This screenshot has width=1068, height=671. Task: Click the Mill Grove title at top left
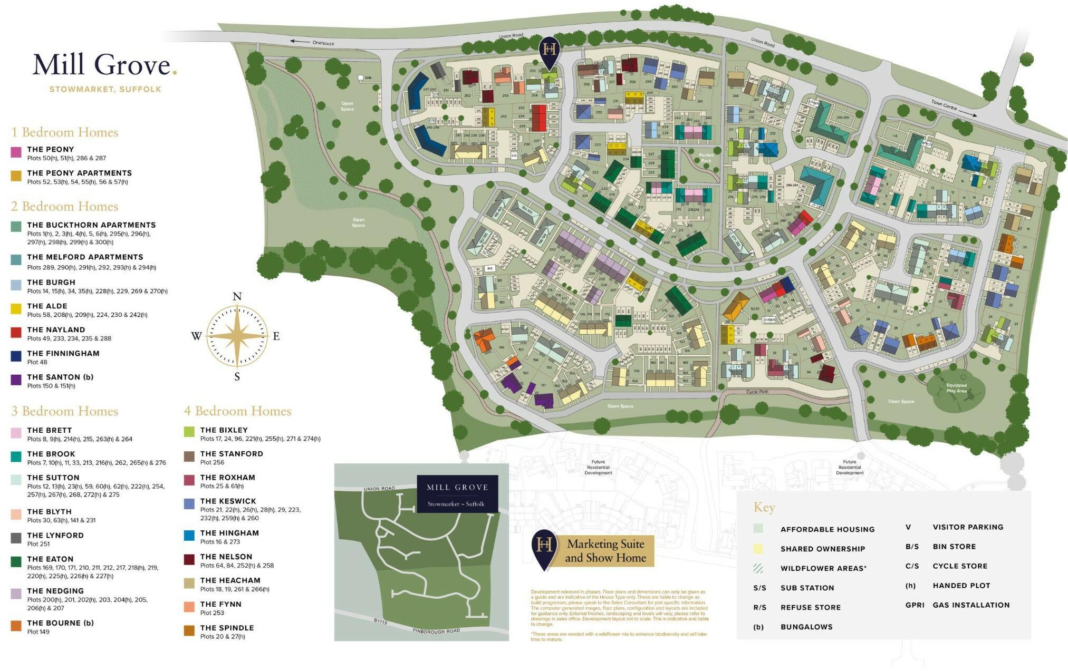[104, 65]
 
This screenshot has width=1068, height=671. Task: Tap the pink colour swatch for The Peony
[16, 152]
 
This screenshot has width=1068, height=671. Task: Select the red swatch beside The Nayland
[16, 333]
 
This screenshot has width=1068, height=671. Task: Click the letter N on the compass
[237, 297]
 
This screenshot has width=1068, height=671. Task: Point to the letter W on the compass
[196, 336]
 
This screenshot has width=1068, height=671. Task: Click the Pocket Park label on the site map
[706, 158]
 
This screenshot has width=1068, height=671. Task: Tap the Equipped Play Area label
[956, 388]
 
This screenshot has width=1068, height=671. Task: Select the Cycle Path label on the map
[757, 392]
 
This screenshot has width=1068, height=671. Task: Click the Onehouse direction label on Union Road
[323, 43]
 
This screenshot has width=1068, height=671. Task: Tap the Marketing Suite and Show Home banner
[605, 551]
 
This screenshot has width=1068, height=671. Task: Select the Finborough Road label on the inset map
[436, 630]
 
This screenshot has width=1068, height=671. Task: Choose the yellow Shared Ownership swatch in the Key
[758, 549]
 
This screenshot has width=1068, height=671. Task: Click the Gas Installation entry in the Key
[970, 605]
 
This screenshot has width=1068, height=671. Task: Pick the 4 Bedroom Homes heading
[237, 411]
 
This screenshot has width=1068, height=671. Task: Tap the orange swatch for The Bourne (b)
[16, 626]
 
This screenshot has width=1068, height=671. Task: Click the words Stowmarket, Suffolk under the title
[105, 90]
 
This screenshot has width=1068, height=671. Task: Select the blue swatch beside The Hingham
[189, 536]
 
